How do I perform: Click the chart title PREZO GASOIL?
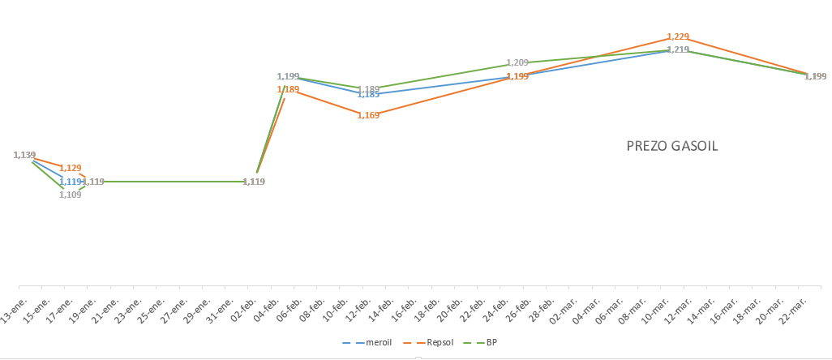coord(671,147)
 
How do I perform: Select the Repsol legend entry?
coord(433,343)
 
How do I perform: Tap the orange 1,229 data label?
coord(678,36)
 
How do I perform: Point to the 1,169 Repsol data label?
coord(368,115)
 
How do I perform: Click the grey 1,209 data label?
coord(517,62)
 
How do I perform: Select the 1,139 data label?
coord(25,155)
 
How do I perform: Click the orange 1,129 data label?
coord(71,168)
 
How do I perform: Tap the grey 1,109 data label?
coord(70,195)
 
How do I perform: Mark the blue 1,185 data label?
coord(368,95)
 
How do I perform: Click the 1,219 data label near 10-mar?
coord(678,49)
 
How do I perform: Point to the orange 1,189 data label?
coord(288,89)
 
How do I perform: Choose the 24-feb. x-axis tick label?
coord(493,309)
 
